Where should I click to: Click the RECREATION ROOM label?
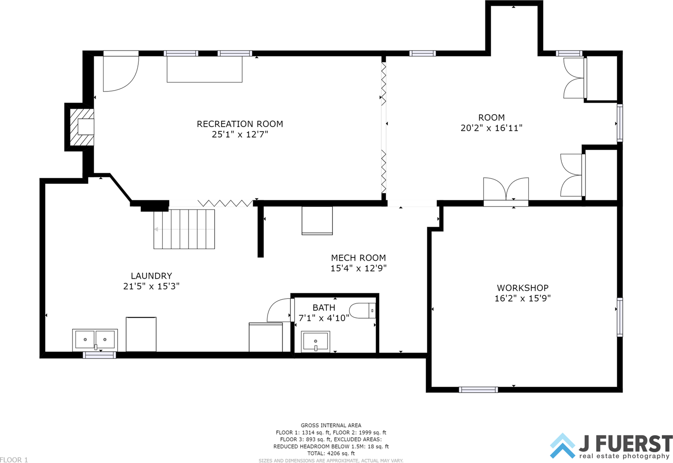click(240, 124)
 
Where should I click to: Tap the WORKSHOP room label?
click(523, 287)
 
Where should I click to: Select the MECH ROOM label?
click(359, 258)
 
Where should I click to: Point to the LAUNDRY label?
click(151, 275)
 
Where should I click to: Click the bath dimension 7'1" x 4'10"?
click(323, 318)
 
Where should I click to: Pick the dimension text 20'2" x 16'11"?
click(491, 128)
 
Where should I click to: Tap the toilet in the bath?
click(362, 311)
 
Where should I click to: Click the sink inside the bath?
click(316, 341)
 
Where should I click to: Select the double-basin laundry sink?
click(95, 340)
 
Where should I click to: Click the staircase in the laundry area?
click(184, 229)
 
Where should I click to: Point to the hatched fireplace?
click(82, 127)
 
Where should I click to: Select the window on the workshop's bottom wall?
click(478, 390)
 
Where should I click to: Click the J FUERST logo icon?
click(563, 446)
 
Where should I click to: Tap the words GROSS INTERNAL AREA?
click(331, 425)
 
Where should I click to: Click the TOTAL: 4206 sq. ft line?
click(331, 453)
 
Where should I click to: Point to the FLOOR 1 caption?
click(14, 460)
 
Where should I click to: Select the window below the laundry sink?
click(100, 355)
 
